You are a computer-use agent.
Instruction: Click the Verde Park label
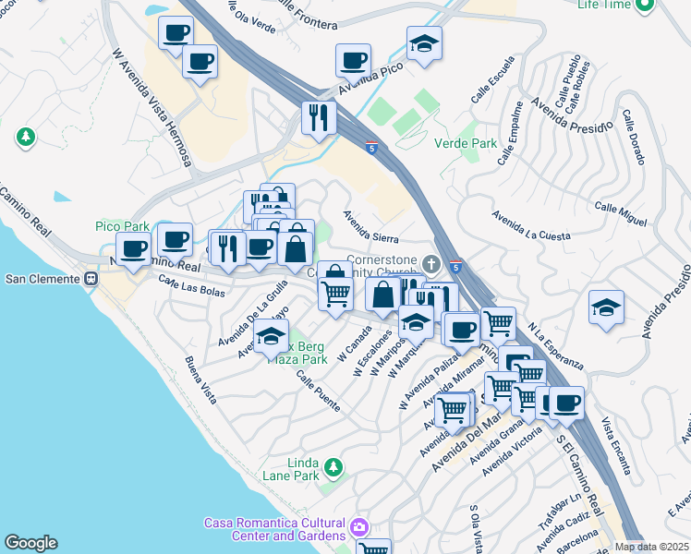click(466, 143)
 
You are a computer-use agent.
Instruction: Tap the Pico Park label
click(122, 226)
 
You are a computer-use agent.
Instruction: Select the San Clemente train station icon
click(91, 279)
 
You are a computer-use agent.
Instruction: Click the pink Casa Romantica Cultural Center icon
click(358, 529)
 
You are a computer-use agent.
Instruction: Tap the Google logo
click(30, 543)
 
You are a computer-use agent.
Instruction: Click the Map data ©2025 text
click(651, 547)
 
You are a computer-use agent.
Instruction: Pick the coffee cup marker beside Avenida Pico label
click(351, 63)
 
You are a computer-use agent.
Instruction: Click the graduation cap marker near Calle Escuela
click(424, 44)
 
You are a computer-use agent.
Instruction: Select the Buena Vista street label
click(200, 379)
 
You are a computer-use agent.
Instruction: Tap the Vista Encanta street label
click(622, 437)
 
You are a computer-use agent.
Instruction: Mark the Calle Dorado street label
click(633, 138)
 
